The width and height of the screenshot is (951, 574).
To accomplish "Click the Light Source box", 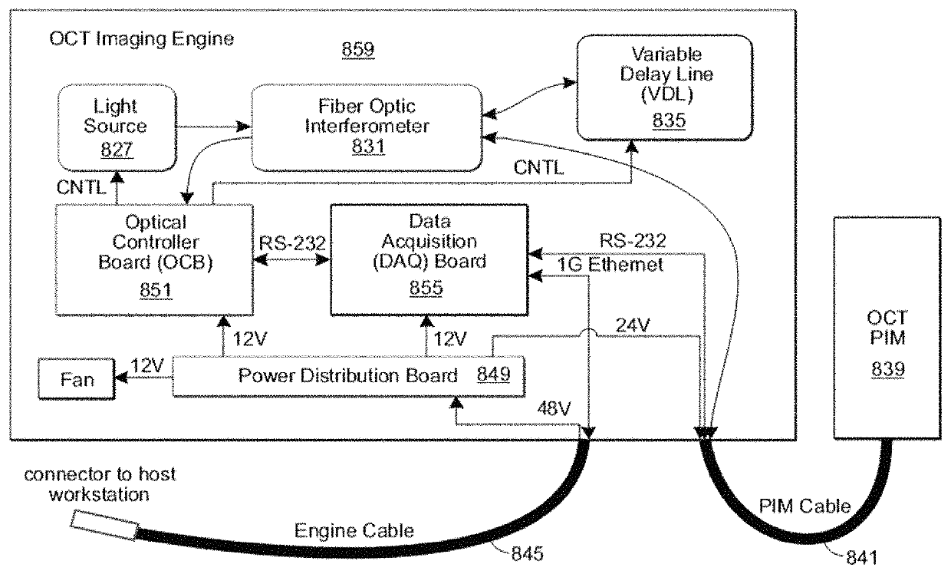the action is point(117,127).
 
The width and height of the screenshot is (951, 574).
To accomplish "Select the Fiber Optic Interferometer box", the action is point(367,127).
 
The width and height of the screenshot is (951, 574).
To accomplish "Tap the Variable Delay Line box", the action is point(665,87).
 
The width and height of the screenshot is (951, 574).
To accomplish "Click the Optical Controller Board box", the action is point(155,260).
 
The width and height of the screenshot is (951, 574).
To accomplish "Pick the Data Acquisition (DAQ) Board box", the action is point(429,260).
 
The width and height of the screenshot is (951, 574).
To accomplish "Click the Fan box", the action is point(77,379).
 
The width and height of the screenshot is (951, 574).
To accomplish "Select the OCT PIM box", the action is point(887,328).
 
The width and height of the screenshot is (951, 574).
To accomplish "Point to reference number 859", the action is point(358,49).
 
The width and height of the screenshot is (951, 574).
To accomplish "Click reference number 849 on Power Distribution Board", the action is point(493,374).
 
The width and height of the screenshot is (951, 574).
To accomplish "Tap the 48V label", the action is point(554,408).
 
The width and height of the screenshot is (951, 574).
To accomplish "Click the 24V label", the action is point(632,325).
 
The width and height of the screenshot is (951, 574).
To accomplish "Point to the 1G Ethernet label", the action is point(610,265).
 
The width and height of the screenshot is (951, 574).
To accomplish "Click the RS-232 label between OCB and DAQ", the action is point(292,243).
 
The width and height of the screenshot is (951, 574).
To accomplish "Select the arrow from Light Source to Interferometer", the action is point(213,127).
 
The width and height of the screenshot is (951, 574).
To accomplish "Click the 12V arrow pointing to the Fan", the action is point(144,378).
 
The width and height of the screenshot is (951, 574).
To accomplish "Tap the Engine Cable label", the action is point(354,531).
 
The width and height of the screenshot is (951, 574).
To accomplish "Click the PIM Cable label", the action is point(805,506).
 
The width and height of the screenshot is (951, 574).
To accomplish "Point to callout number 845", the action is point(528,553).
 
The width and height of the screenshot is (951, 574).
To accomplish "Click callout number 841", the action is point(862,557).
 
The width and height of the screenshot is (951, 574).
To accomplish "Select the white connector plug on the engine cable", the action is point(104,525).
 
